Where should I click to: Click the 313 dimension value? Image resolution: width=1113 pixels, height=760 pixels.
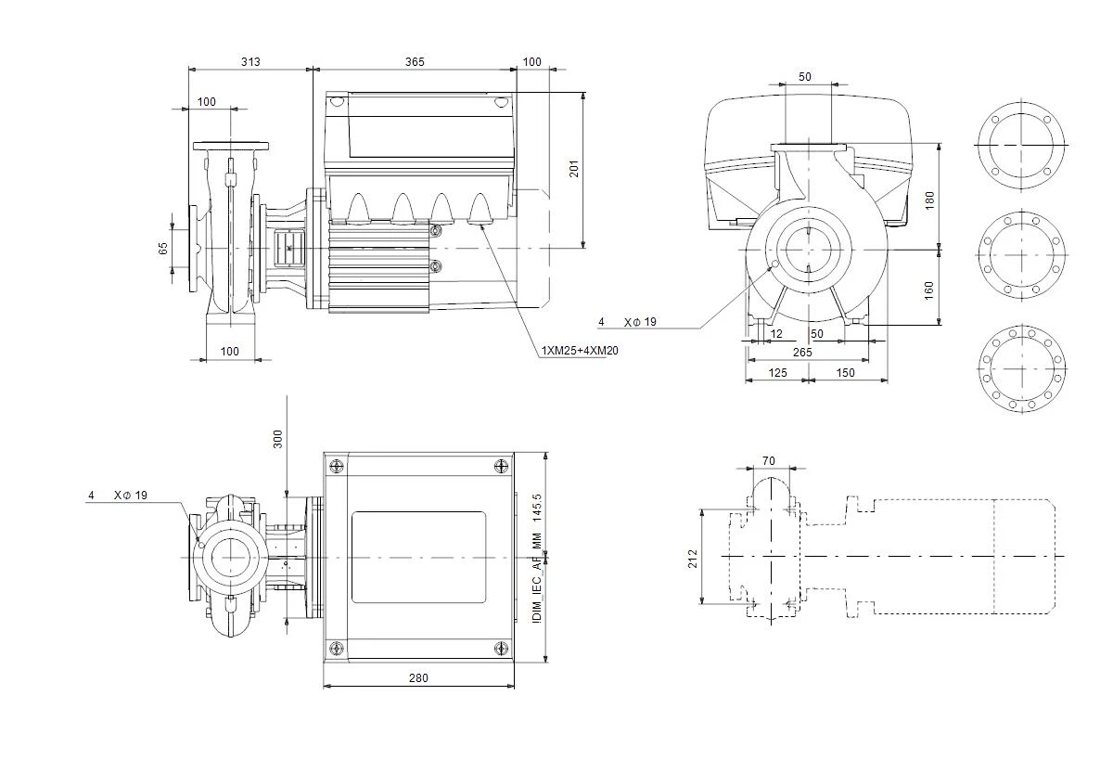[x=250, y=61]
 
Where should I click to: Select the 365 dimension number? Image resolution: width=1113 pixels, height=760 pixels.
[x=415, y=61]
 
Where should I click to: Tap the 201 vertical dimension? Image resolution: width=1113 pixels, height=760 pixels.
[x=574, y=169]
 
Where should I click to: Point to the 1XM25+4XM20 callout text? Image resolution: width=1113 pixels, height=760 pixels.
[x=580, y=351]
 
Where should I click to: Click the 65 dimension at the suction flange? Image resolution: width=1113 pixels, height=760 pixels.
[x=163, y=249]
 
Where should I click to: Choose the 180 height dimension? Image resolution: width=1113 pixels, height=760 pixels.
[x=929, y=200]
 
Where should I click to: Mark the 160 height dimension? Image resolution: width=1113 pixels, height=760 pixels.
[x=928, y=290]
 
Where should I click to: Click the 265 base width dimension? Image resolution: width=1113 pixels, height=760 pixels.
[x=802, y=353]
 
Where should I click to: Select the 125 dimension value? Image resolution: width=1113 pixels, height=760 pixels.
[x=777, y=373]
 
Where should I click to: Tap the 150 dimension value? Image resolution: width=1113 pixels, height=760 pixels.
[x=845, y=373]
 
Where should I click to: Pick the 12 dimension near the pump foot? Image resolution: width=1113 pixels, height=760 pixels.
[x=776, y=333]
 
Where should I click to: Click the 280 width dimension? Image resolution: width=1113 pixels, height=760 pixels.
[x=418, y=678]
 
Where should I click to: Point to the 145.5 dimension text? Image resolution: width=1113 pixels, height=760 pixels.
[x=537, y=508]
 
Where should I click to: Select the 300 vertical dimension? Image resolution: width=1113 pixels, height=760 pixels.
[x=277, y=440]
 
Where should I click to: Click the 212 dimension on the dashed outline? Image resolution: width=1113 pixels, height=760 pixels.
[x=693, y=559]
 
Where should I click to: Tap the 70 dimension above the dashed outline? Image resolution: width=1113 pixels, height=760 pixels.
[x=768, y=461]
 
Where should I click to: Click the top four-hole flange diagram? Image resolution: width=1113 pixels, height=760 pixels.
[x=1021, y=145]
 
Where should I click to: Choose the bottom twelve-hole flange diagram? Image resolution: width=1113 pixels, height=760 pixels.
[x=1022, y=368]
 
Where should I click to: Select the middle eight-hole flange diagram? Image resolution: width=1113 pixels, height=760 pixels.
[x=1021, y=255]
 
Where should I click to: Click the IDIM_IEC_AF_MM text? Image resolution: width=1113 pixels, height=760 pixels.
[x=537, y=578]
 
